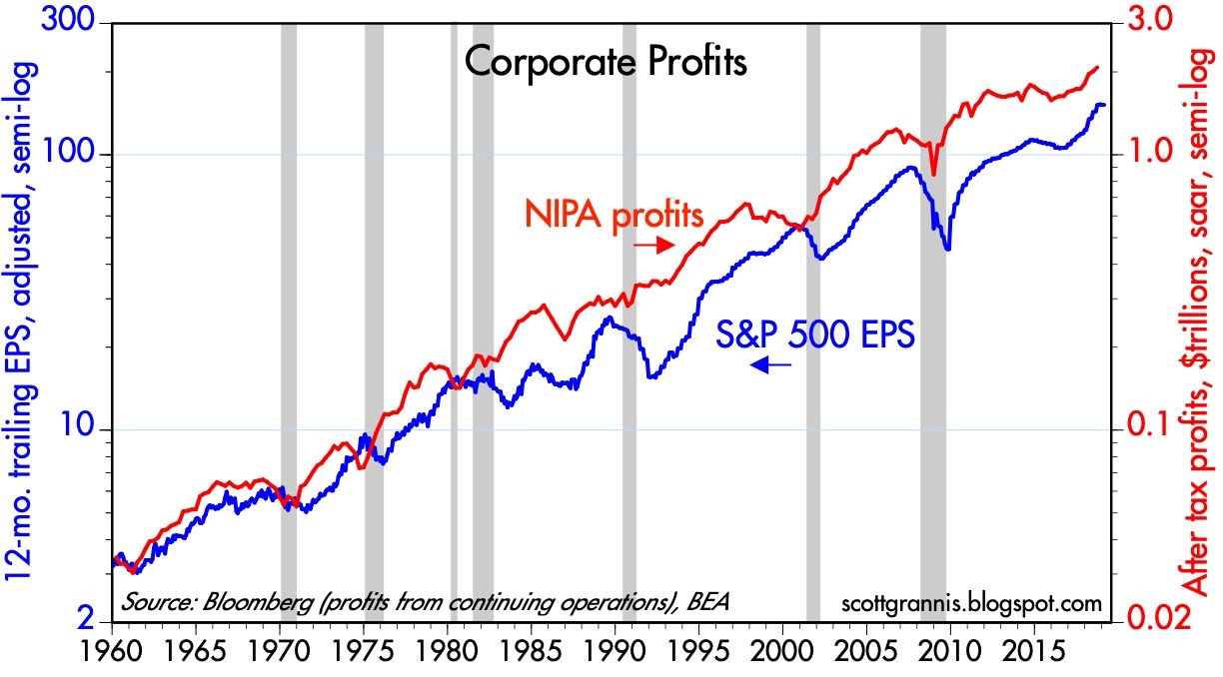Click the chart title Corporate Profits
pyautogui.click(x=606, y=64)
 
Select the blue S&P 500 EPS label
pyautogui.click(x=815, y=334)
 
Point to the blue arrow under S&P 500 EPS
pyautogui.click(x=770, y=366)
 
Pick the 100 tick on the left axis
pyautogui.click(x=69, y=155)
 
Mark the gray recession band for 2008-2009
pyautogui.click(x=933, y=300)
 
